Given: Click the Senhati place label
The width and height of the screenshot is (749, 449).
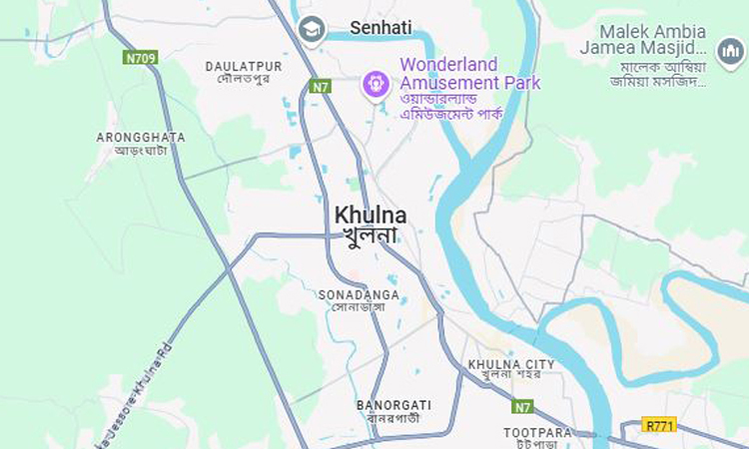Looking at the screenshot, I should tap(380, 28).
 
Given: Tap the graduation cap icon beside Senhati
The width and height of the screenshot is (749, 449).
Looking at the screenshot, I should tap(313, 29).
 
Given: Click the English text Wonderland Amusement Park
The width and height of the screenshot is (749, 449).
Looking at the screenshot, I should tap(469, 73).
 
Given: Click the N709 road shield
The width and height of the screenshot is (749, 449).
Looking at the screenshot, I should tap(141, 58).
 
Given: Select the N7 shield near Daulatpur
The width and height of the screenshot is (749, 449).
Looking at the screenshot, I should tap(319, 87).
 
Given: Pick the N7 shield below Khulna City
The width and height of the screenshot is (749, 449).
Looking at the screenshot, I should tap(522, 407).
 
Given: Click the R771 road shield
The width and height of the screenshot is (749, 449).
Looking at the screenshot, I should tap(659, 424).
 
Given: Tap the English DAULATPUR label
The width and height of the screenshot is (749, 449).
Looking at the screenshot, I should tap(244, 66).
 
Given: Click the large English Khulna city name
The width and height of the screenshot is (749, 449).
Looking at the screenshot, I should tap(371, 216).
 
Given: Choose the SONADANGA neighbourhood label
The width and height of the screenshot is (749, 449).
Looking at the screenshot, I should tap(359, 295).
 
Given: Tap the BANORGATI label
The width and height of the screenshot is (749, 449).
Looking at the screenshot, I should tap(393, 405).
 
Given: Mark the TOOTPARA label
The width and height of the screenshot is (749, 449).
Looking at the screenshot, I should tap(537, 433).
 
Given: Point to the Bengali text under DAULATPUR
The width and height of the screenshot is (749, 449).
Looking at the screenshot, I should tap(244, 79).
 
